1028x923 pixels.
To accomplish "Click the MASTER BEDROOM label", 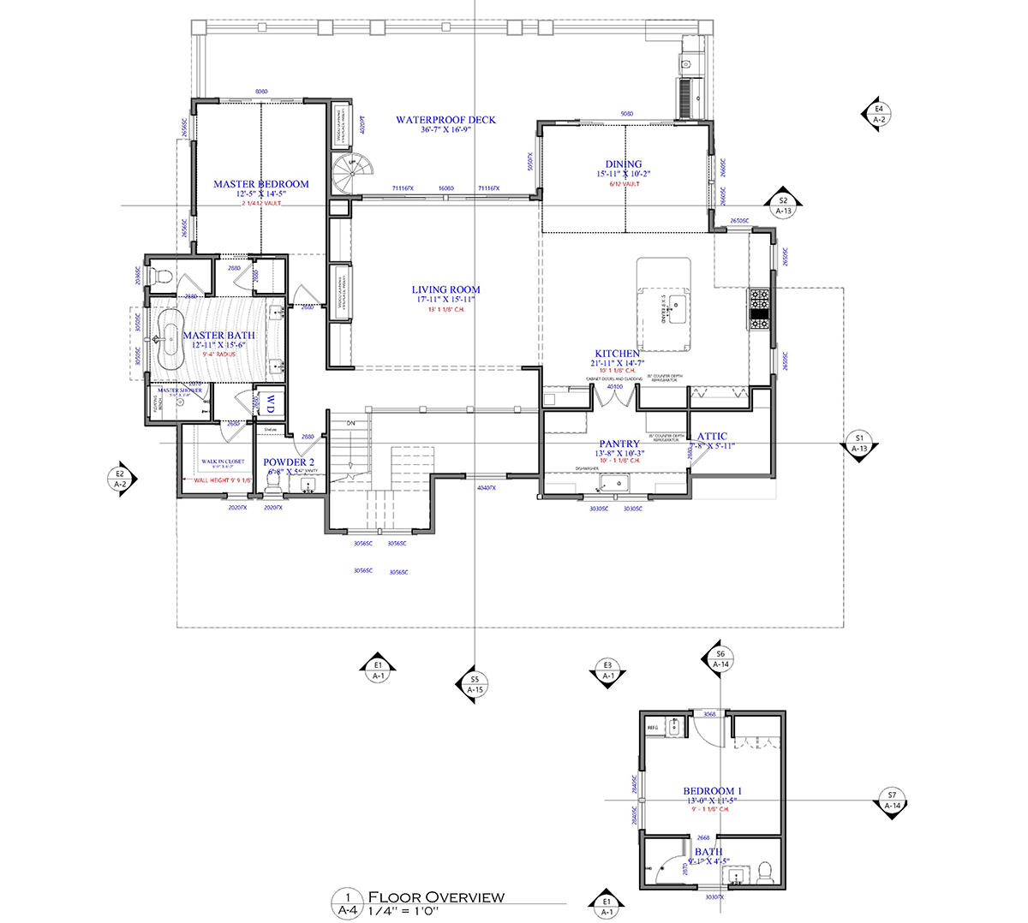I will [260, 184].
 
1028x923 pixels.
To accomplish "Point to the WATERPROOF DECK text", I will [445, 120].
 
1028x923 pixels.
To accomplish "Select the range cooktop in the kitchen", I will [760, 309].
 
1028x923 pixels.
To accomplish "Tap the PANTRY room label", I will [619, 444].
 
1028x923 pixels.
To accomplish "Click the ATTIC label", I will [712, 437].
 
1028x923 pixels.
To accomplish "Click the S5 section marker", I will [474, 684].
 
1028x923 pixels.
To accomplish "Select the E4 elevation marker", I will [876, 114].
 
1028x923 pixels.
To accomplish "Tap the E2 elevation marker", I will [121, 479].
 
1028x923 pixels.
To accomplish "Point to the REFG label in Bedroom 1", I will [653, 727].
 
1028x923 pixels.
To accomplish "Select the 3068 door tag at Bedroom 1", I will [709, 714].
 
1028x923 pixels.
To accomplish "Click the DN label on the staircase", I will [350, 423].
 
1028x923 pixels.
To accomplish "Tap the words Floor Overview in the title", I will [435, 896].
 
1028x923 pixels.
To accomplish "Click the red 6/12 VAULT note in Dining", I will [625, 184].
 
